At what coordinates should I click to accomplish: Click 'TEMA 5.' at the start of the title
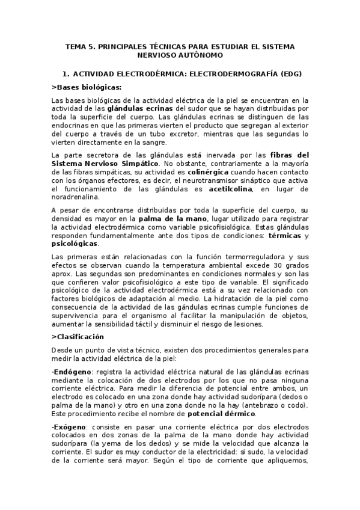coord(80,46)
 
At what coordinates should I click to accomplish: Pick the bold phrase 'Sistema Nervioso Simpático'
coord(106,164)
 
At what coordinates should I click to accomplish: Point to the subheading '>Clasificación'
coord(78,336)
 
